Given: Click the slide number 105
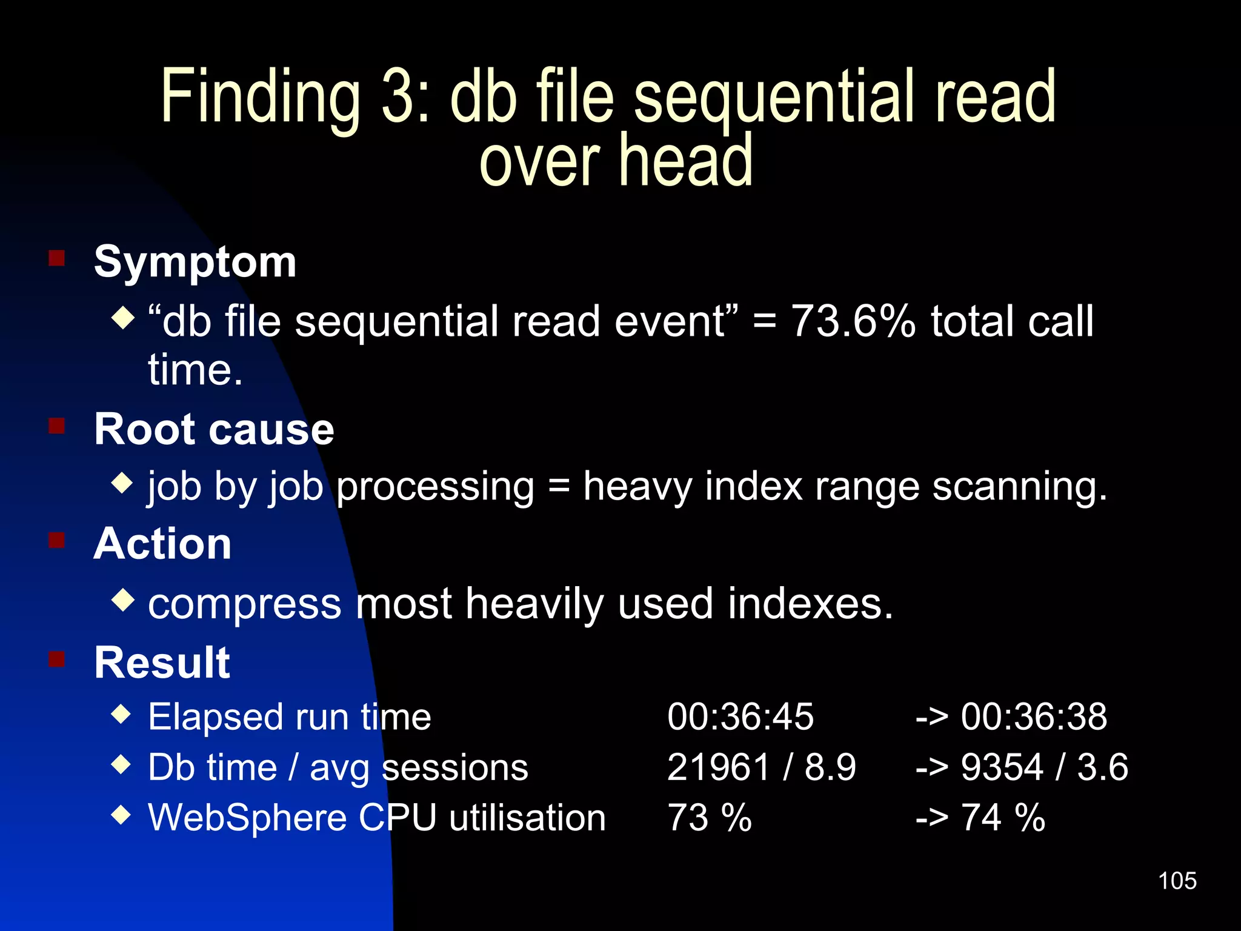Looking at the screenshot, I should (x=1177, y=881).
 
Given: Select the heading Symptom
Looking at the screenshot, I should (x=195, y=262).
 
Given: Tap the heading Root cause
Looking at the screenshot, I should (x=214, y=429).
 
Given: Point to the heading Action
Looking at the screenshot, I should (x=162, y=544).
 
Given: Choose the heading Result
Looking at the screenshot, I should (x=162, y=662).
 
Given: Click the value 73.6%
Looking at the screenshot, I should (x=853, y=321).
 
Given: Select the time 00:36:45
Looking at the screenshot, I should (x=740, y=716).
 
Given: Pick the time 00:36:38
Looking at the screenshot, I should (x=1034, y=716).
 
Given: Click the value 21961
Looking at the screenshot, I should (x=719, y=767).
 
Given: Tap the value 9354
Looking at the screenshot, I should (x=1002, y=767).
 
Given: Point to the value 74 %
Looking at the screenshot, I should (x=1003, y=818).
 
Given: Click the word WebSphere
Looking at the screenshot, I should (x=247, y=818).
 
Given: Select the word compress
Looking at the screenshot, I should (x=245, y=605).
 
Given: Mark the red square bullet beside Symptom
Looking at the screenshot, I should (x=57, y=259).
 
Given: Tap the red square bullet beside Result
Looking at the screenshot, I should (x=57, y=659).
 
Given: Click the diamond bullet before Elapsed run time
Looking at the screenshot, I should (x=122, y=714).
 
